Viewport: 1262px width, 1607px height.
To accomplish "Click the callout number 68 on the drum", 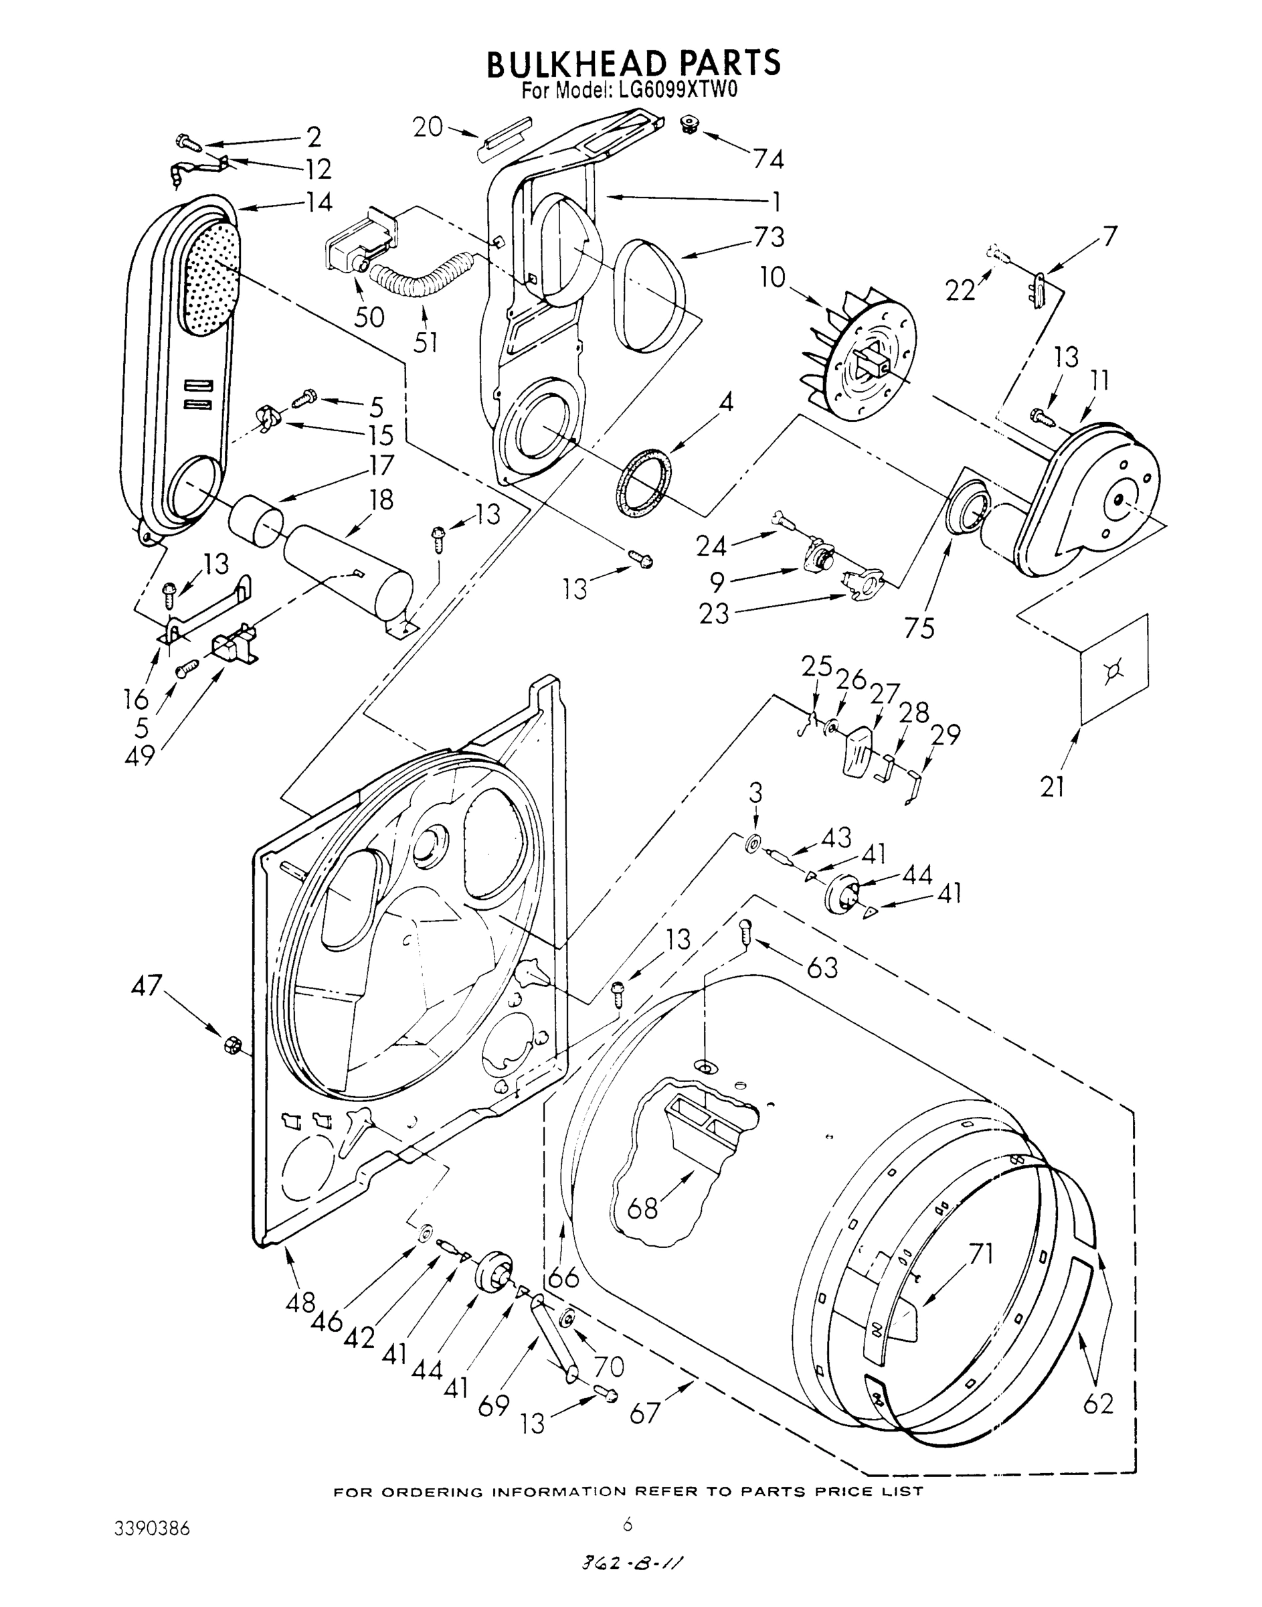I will (x=642, y=1208).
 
